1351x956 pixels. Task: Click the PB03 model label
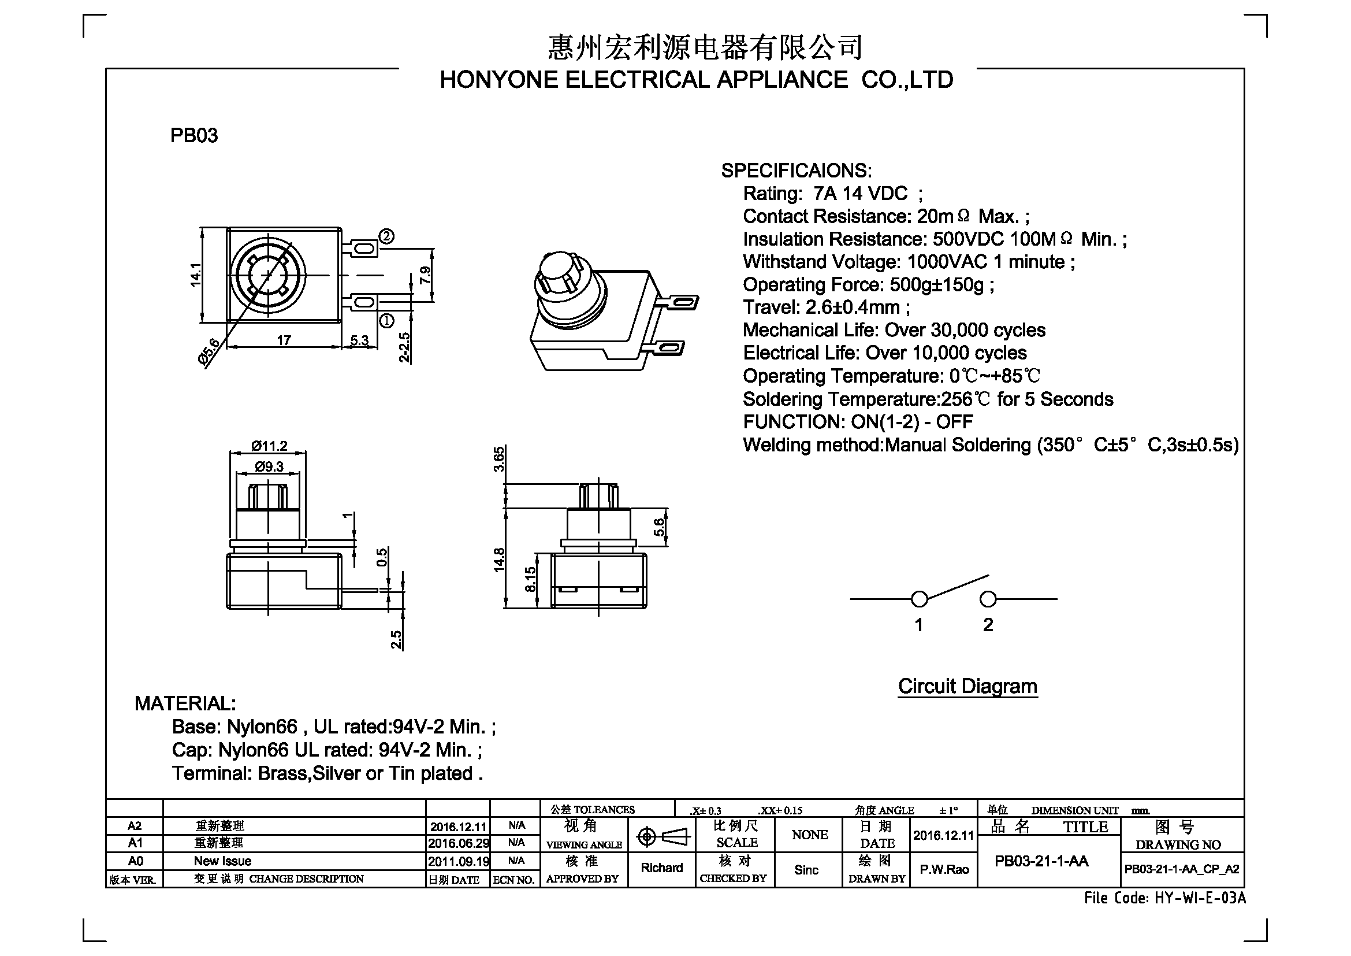(193, 135)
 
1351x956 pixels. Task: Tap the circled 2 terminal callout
(386, 236)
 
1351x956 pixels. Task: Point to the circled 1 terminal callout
(386, 321)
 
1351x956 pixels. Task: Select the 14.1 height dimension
(195, 275)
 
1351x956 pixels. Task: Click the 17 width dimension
(284, 340)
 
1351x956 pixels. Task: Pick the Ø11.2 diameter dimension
(269, 446)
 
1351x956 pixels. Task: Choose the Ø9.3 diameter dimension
(269, 467)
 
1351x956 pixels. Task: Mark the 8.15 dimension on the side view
(530, 579)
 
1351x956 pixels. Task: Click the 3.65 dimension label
(498, 460)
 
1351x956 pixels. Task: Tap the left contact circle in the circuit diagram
(919, 599)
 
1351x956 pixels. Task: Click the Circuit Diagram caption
(967, 687)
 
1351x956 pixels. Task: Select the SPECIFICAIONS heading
(796, 171)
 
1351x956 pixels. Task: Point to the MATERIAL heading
(185, 703)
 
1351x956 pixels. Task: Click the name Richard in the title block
(661, 868)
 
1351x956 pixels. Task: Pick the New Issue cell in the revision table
(222, 861)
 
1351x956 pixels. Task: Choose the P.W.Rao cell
(944, 869)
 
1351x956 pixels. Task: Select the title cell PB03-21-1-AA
(1041, 861)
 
